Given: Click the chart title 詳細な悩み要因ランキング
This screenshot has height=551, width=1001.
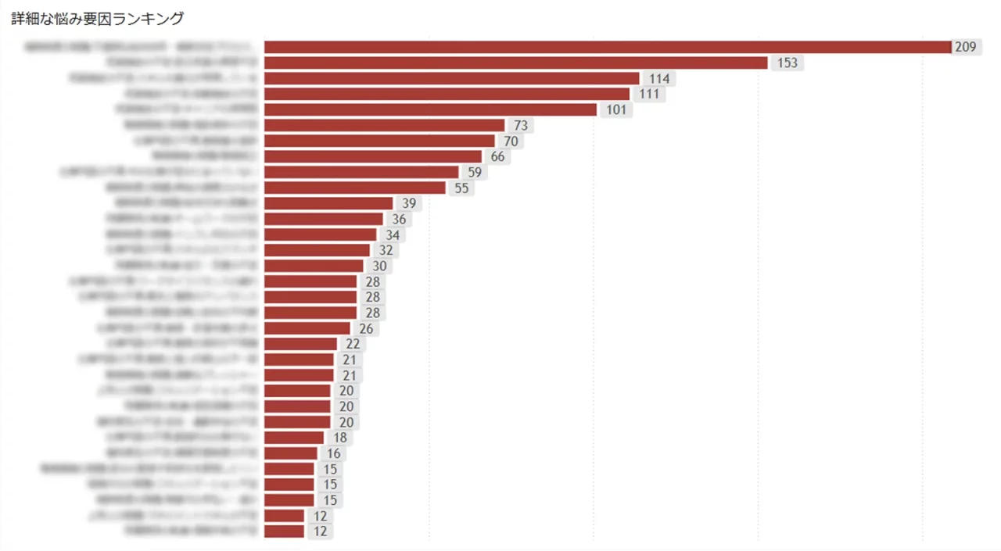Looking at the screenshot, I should click(x=97, y=19).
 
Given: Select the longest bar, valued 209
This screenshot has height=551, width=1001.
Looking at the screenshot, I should click(x=607, y=47).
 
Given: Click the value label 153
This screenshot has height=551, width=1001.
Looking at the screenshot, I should click(x=787, y=63).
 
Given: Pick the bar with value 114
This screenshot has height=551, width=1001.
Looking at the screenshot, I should click(x=451, y=78).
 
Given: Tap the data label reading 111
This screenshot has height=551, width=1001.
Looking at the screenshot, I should click(x=648, y=94).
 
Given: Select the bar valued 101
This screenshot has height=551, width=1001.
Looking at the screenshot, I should click(x=430, y=109).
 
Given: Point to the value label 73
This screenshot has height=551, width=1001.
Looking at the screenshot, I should click(x=521, y=125).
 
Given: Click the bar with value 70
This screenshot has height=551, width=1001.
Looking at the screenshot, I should click(x=379, y=141).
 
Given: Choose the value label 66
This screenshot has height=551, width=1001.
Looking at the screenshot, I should click(x=497, y=156).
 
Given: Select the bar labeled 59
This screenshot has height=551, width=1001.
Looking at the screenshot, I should click(x=361, y=172).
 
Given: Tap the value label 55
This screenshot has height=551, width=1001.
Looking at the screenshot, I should click(x=461, y=188).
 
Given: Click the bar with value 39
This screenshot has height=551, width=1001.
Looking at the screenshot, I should click(x=328, y=203).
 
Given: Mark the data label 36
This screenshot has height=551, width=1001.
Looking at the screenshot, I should click(x=399, y=219).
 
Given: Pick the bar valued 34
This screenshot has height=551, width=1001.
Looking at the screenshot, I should click(x=320, y=234).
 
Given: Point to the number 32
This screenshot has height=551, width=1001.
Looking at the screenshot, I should click(x=386, y=250).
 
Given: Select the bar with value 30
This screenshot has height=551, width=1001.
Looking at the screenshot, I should click(x=314, y=266).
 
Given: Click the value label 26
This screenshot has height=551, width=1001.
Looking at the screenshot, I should click(x=366, y=328).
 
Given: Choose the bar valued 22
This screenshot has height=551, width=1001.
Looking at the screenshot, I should click(x=300, y=344).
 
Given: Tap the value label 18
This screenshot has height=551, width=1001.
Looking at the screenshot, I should click(x=340, y=438).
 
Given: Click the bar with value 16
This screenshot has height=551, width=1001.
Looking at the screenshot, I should click(x=291, y=453).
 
